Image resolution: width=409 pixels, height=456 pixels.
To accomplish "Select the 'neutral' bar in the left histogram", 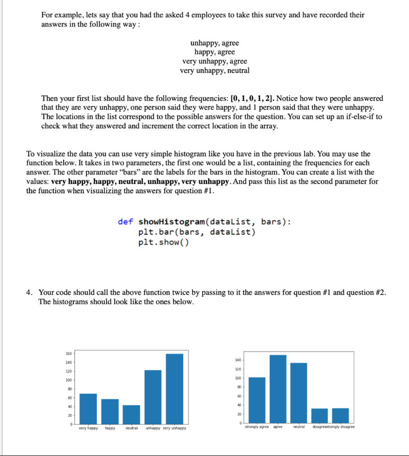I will point(131,415).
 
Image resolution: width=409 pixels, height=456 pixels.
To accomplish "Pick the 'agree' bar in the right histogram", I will point(278,389).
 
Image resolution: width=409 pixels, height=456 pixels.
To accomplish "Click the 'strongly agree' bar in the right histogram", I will point(257,400).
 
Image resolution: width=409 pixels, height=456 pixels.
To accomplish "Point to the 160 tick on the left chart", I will point(69,354).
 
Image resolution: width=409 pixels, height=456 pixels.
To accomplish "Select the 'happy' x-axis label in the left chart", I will point(110,428).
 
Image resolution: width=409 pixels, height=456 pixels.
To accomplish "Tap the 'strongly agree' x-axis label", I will point(257,427).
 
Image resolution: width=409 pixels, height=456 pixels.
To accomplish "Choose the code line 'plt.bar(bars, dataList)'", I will point(197,232).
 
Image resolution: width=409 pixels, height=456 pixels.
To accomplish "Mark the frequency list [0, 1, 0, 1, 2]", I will point(251,98).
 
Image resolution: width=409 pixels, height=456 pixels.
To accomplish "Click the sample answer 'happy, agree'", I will point(215,52).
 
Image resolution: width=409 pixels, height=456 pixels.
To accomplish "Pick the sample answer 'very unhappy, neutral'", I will point(215,70).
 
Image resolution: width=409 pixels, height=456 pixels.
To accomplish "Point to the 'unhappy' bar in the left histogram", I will point(153,397).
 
